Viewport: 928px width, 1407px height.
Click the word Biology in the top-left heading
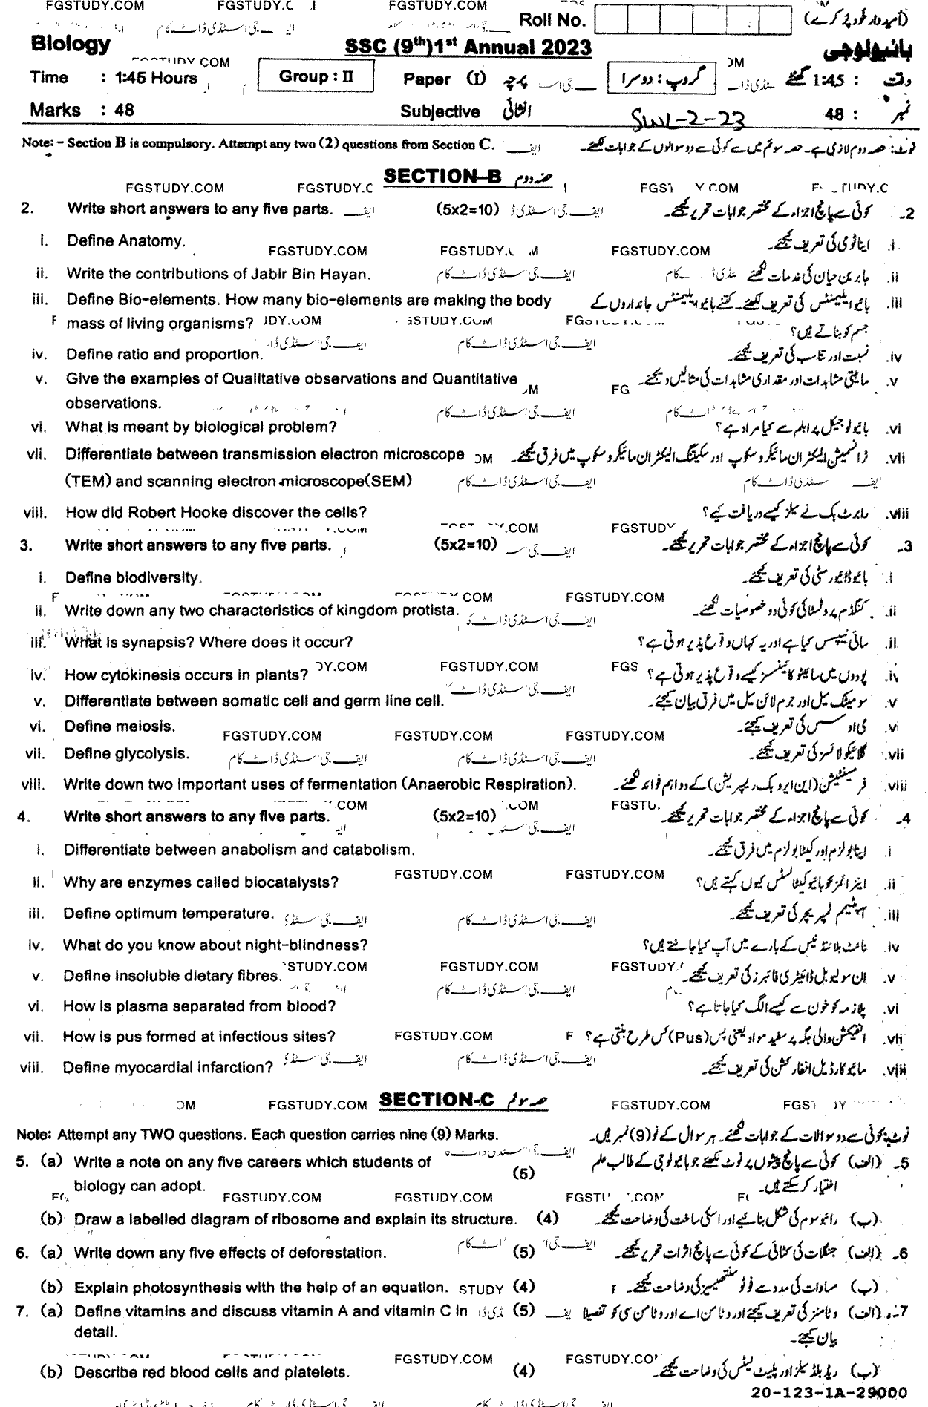coord(71,44)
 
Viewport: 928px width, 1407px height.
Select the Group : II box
coord(315,76)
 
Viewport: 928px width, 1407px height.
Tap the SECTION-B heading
coord(443,176)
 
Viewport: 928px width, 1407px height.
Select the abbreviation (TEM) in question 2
coord(88,481)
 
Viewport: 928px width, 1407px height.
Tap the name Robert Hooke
coord(180,513)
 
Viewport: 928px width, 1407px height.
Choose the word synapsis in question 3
coord(146,642)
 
